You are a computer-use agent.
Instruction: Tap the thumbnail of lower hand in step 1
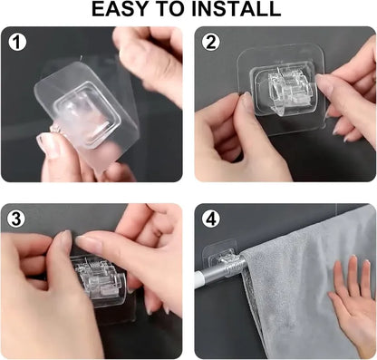point(45,146)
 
